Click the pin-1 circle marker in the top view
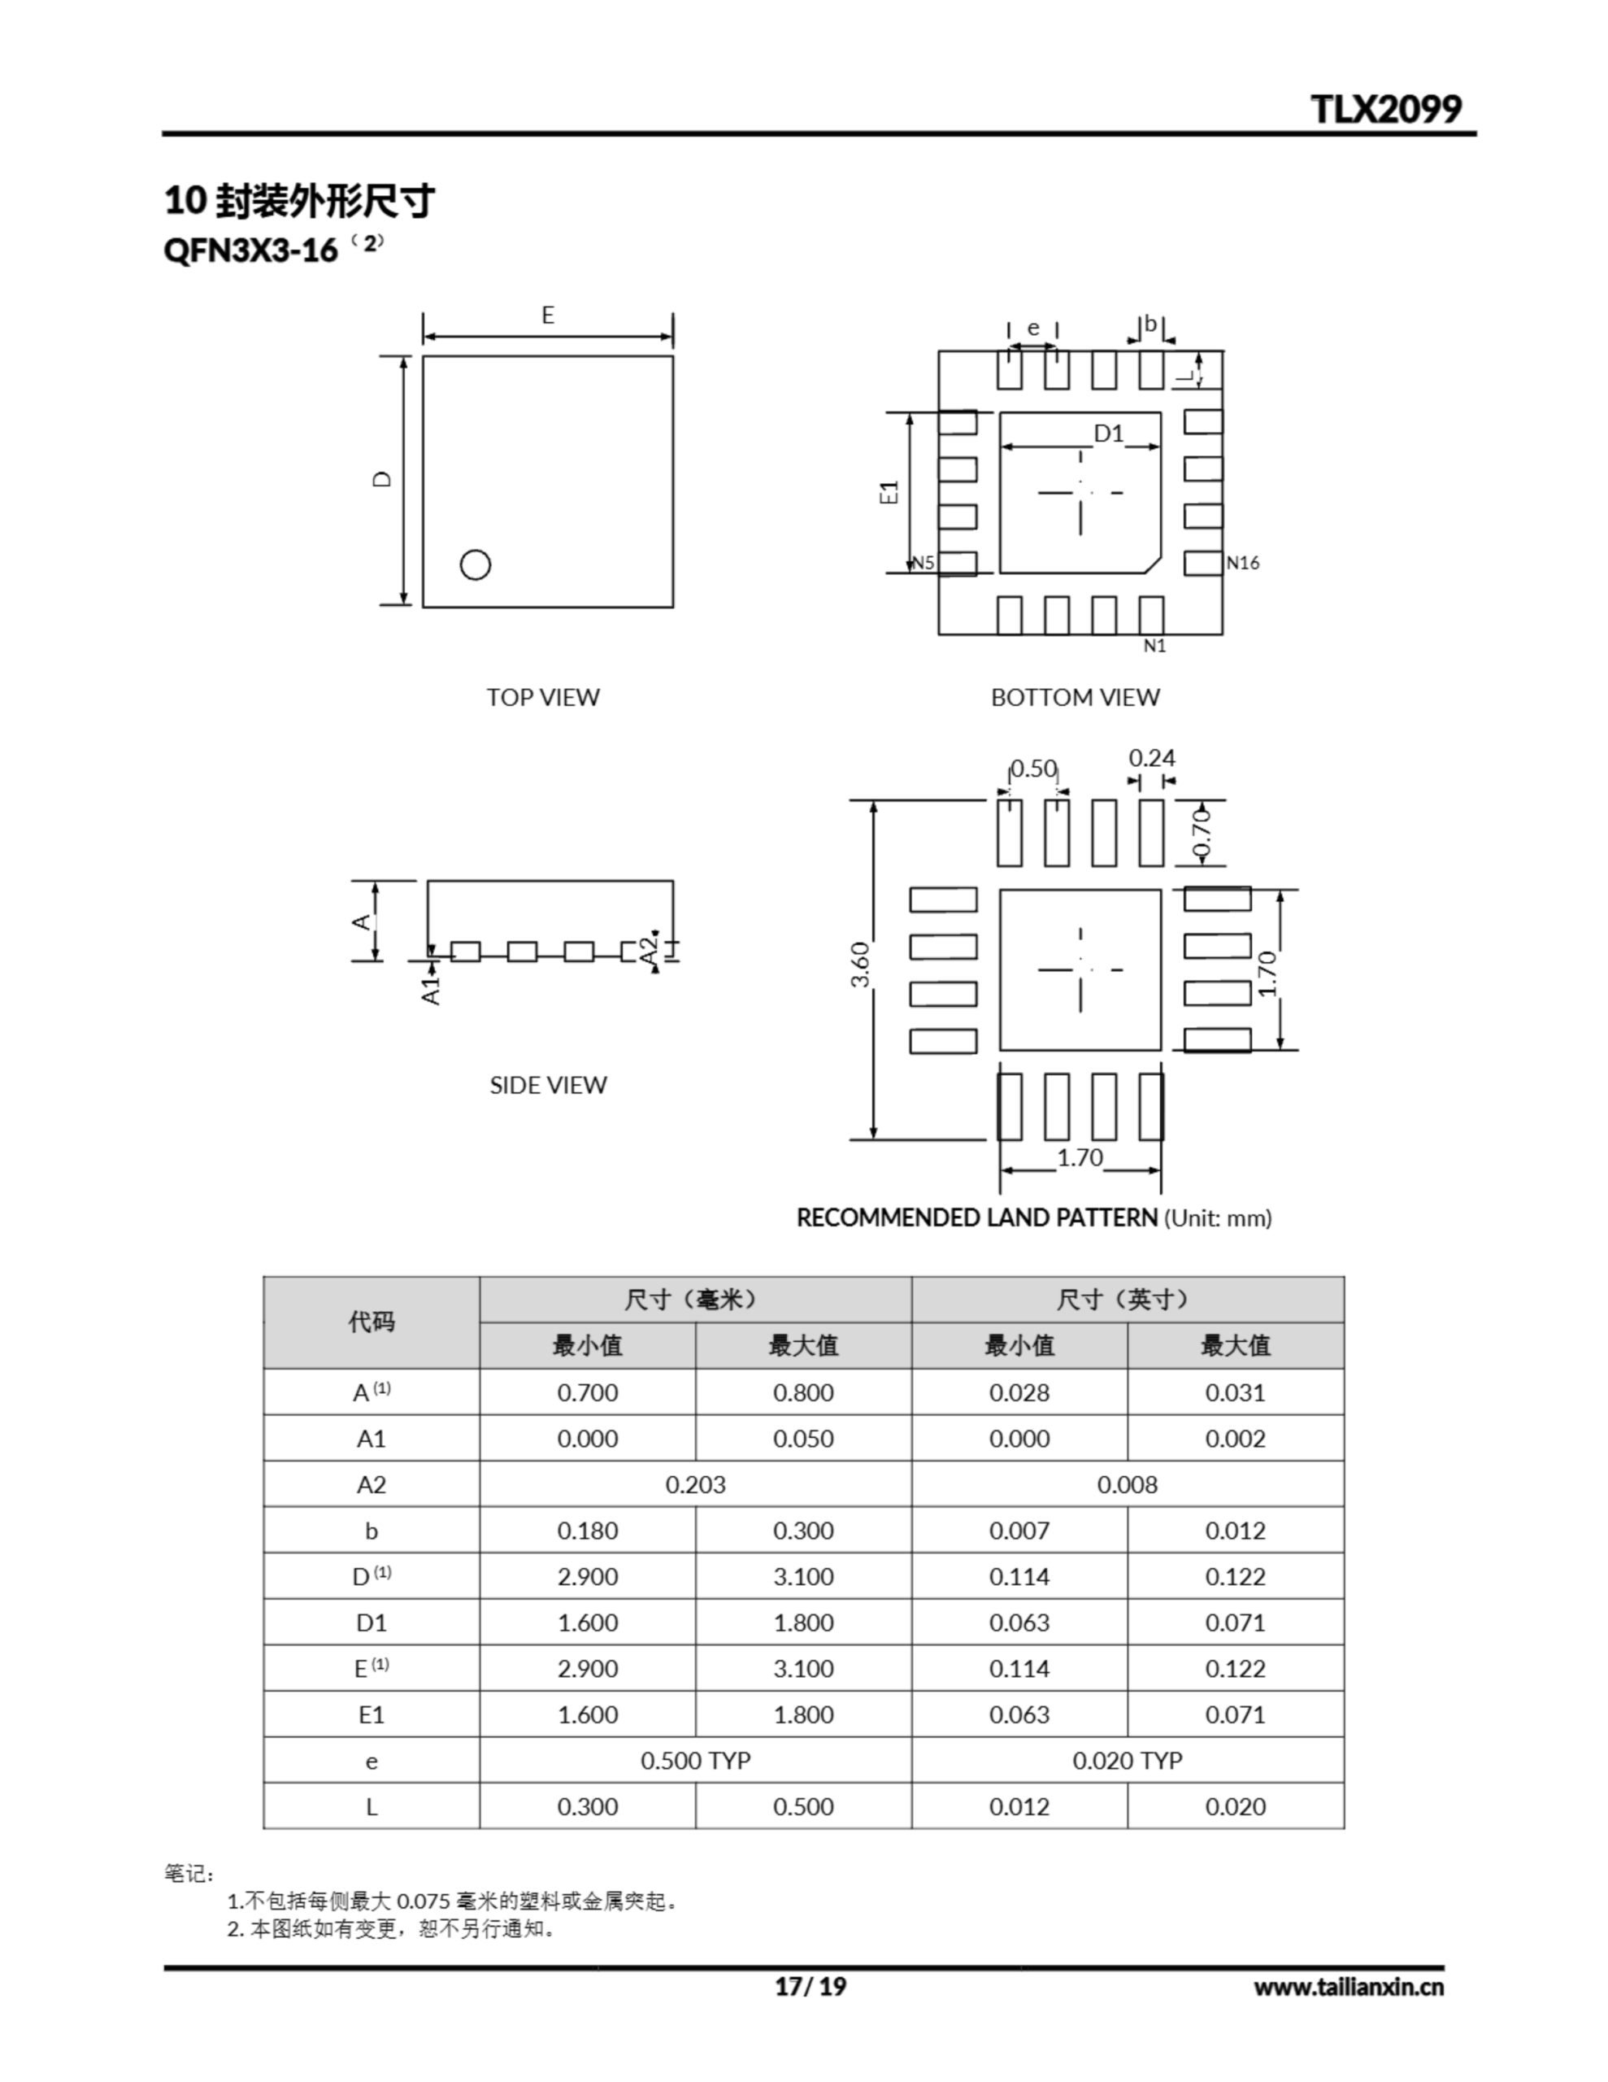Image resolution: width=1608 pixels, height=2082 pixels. coord(475,564)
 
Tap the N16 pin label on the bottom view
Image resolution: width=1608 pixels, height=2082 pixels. coord(1243,563)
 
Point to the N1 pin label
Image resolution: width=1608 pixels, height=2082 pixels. coord(1154,647)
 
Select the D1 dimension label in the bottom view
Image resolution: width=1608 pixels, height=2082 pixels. coord(1109,433)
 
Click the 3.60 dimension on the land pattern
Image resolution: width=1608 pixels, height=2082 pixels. coord(860,964)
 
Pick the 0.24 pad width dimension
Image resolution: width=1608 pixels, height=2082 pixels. coord(1151,758)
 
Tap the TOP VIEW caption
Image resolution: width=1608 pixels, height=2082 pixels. coord(542,697)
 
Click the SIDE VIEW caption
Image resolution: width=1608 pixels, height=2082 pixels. coord(547,1085)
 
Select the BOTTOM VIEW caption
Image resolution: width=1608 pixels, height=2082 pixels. coord(1076,697)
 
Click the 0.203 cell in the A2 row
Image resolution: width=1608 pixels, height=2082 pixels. coord(695,1484)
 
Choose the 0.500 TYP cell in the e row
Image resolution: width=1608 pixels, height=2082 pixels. coord(695,1760)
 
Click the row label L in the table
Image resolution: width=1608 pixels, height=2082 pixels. coord(371,1806)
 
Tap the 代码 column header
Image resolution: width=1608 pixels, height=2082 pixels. coord(371,1322)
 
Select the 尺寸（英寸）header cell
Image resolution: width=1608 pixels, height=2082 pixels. coord(1127,1300)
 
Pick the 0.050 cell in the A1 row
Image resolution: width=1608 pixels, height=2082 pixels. coord(802,1439)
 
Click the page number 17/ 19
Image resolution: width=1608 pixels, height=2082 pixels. coord(811,1987)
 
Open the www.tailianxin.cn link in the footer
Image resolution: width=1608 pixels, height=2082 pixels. coord(1348,1987)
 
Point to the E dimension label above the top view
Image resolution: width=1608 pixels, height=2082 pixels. coord(548,315)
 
